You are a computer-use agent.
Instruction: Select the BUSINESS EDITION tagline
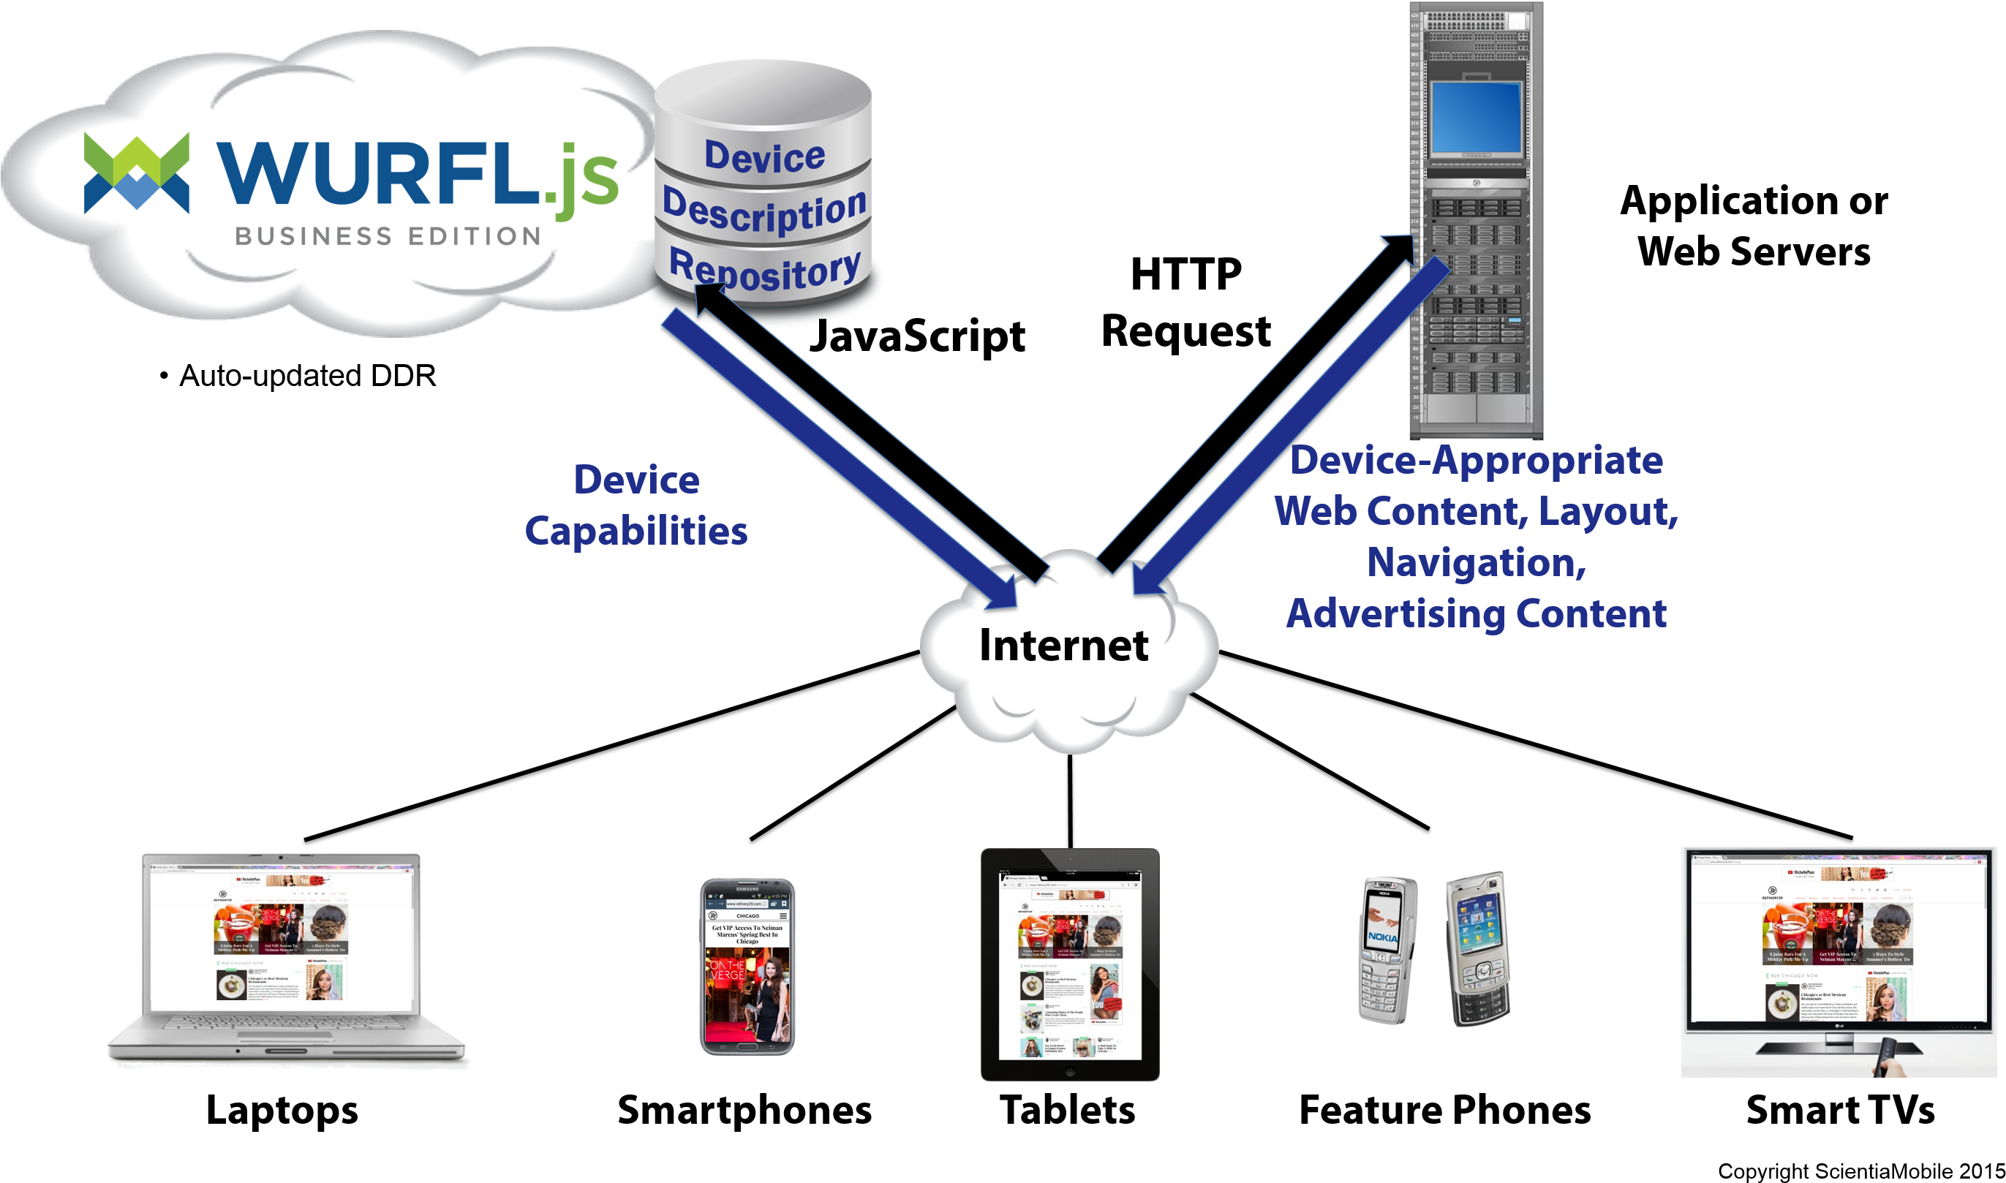pos(388,236)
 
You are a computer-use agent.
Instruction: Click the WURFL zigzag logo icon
pos(136,173)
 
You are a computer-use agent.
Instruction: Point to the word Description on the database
pos(763,211)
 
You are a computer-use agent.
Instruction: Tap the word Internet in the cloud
pos(1063,646)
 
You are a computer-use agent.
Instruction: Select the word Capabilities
pos(636,531)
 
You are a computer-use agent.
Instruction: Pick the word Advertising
pos(1395,614)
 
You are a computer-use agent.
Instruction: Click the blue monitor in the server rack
pos(1476,117)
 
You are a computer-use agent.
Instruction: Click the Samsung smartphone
pos(747,966)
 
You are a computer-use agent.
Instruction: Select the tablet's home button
pos(1070,1072)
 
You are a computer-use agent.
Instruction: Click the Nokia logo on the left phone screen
pos(1381,937)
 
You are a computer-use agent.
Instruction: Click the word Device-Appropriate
pos(1476,461)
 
